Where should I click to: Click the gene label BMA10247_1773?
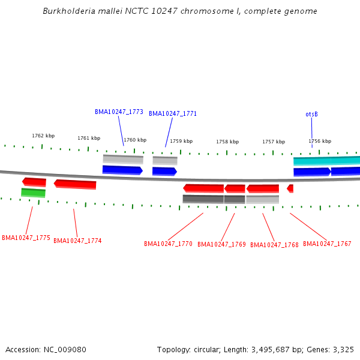tap(119, 112)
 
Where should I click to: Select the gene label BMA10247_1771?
tap(173, 113)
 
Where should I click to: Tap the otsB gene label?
tap(311, 114)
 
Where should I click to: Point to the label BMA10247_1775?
tap(26, 238)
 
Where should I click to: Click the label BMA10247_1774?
tap(77, 241)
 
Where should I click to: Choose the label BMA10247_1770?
tap(168, 244)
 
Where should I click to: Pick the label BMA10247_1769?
tap(221, 244)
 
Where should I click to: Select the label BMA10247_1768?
tap(274, 244)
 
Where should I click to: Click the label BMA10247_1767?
tap(327, 244)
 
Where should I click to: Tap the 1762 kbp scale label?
tap(43, 136)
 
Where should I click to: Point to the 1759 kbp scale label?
tap(181, 141)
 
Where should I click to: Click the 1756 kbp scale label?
tap(320, 141)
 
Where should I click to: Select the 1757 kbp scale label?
tap(274, 142)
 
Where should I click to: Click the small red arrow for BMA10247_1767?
tap(290, 188)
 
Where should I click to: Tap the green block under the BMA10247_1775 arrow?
tap(33, 193)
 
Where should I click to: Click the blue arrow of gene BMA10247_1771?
tap(164, 172)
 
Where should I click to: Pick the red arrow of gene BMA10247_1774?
tap(75, 184)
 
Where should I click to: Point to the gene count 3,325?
tap(343, 349)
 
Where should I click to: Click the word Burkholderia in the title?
tap(67, 11)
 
